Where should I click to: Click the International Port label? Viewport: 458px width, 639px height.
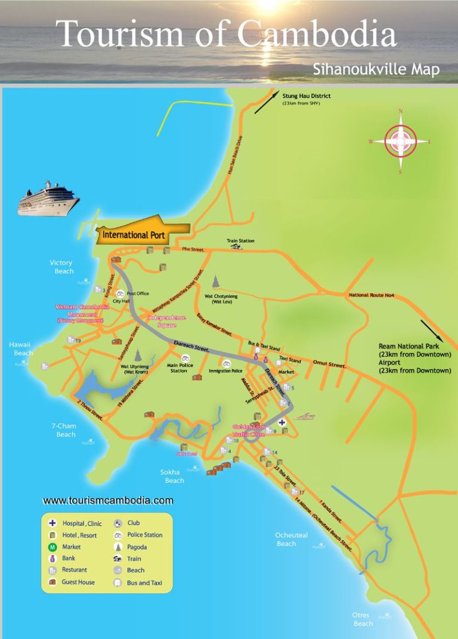pos(134,235)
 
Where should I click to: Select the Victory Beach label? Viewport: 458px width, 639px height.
pos(61,267)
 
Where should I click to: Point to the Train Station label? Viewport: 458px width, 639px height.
pos(240,241)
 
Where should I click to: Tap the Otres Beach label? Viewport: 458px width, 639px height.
pos(363,619)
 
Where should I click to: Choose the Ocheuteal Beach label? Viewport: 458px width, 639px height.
pos(291,539)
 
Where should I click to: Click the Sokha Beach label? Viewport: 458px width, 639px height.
pos(174,476)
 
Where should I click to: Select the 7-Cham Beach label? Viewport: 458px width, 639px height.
pos(66,430)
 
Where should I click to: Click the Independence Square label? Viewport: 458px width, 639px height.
pos(167,321)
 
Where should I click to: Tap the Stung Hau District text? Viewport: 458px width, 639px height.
pos(306,95)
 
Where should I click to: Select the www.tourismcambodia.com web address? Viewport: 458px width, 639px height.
pos(108,500)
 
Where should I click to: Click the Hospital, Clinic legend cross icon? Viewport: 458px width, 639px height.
pos(52,523)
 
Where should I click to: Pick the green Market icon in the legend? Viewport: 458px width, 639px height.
pos(52,547)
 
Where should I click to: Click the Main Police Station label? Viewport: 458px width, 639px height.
pos(178,368)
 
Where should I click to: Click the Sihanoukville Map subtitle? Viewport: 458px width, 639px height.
pos(376,69)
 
